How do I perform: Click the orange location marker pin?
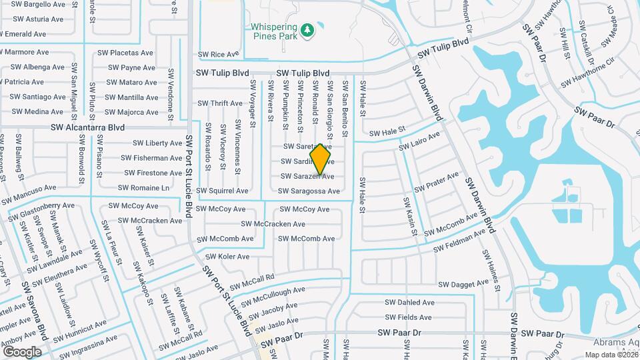(321, 159)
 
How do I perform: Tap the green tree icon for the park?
(307, 30)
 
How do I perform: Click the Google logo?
(22, 351)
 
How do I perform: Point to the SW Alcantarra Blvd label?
(88, 127)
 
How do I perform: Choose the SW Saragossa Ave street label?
(309, 191)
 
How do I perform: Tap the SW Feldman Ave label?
(461, 241)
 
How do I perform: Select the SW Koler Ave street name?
(227, 257)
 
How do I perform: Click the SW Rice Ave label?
(219, 55)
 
